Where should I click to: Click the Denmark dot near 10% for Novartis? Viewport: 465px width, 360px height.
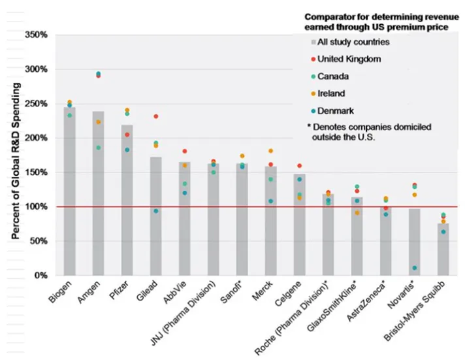(415, 268)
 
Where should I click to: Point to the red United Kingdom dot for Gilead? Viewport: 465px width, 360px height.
(156, 116)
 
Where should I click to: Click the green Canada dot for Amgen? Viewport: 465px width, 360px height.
(99, 148)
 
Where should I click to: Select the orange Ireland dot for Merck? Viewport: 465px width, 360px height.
(271, 151)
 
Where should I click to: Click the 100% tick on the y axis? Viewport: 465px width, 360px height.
(36, 206)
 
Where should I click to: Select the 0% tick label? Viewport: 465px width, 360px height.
(40, 275)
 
